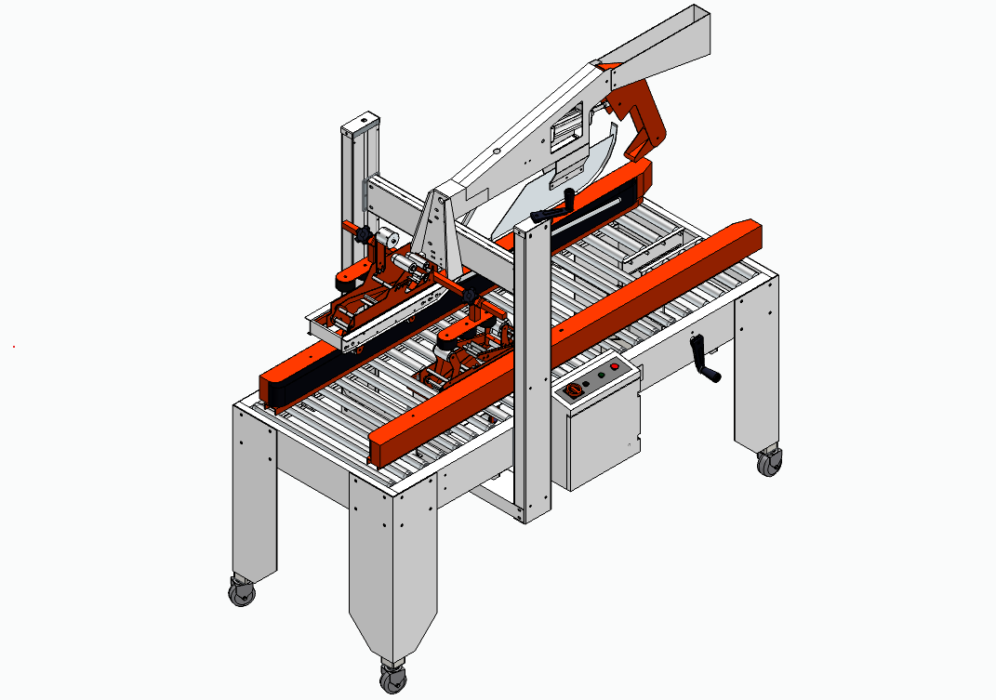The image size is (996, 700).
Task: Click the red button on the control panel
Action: [x=614, y=368]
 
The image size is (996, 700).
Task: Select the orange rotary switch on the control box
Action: [x=573, y=389]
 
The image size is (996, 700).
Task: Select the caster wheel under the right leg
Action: [x=768, y=462]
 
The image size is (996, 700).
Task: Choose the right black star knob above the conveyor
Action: [x=473, y=295]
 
